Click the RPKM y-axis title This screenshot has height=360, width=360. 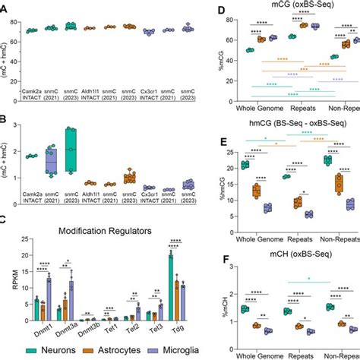pos(7,277)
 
